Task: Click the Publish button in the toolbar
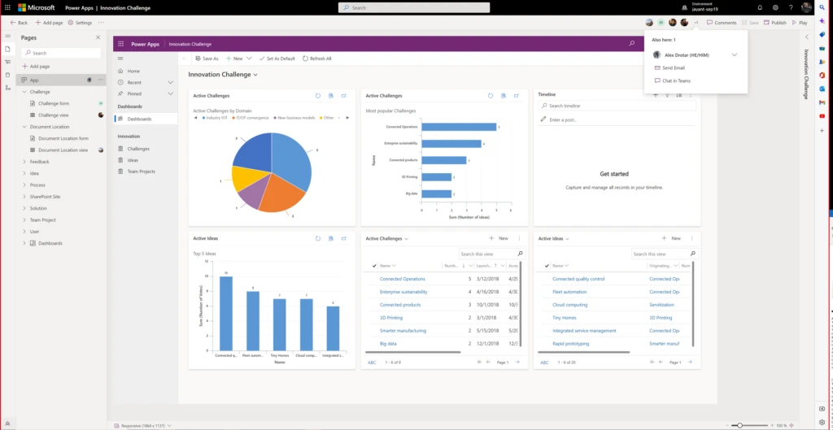pos(775,23)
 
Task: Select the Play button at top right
pos(800,23)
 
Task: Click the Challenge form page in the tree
pos(54,103)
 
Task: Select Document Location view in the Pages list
pos(63,150)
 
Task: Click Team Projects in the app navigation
pos(141,172)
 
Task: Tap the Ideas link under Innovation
pos(133,160)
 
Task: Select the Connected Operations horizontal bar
pos(460,127)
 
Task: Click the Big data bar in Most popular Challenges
pos(438,193)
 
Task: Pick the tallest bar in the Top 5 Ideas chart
pos(225,313)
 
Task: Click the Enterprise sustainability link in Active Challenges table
pos(403,292)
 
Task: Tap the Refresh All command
pos(317,59)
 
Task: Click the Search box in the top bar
pos(414,7)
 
